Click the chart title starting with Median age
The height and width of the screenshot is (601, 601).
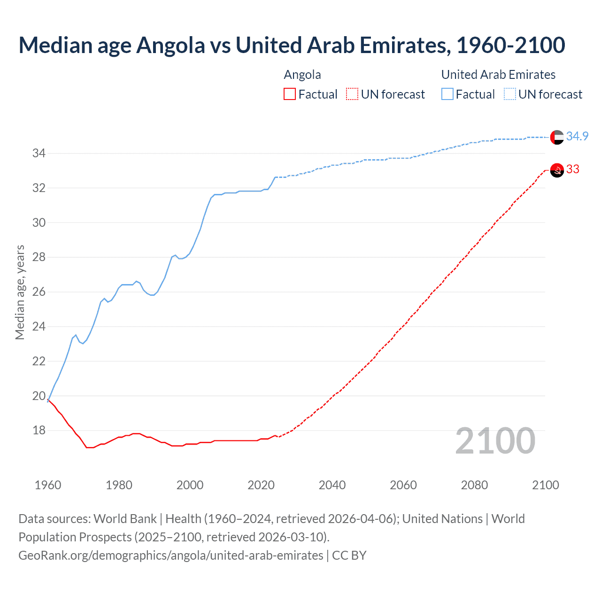click(292, 45)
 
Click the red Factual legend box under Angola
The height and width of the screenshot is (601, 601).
click(290, 94)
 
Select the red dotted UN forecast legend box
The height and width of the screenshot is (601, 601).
click(352, 94)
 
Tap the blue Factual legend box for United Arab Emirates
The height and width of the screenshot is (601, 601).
click(447, 94)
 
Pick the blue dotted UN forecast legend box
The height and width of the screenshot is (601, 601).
click(510, 94)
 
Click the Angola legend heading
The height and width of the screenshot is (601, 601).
click(302, 75)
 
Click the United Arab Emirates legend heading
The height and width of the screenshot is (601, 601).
click(498, 75)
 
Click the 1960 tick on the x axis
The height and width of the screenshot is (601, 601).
click(48, 485)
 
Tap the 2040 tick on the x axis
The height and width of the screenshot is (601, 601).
click(332, 485)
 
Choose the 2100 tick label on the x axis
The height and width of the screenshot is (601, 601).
click(546, 485)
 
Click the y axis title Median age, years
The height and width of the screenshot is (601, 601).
click(20, 292)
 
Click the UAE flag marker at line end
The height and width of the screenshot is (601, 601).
click(557, 137)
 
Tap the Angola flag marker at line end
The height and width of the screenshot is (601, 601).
click(557, 170)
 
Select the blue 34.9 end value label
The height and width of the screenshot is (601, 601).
click(577, 136)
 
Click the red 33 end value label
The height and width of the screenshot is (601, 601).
click(573, 170)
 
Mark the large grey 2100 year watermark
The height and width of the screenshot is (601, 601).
click(495, 441)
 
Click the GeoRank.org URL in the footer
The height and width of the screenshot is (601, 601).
click(170, 555)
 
